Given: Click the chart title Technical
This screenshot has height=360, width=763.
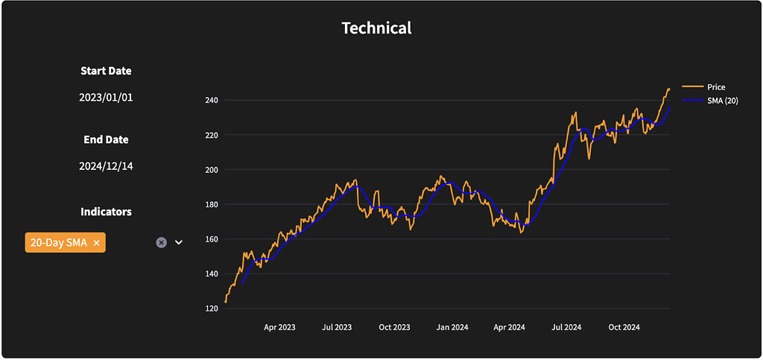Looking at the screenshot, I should pyautogui.click(x=376, y=28).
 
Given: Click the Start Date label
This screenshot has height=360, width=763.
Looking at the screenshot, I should pyautogui.click(x=106, y=71).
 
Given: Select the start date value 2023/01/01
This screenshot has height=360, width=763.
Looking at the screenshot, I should pyautogui.click(x=106, y=98).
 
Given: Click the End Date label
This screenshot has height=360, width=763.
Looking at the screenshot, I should pyautogui.click(x=106, y=139).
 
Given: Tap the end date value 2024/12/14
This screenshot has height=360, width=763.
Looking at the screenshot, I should pyautogui.click(x=106, y=166).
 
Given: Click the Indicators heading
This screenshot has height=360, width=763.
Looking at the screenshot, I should pyautogui.click(x=106, y=212).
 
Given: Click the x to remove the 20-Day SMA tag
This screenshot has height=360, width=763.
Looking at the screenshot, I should pyautogui.click(x=97, y=243).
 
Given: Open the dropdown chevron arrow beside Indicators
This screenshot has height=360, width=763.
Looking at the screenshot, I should pyautogui.click(x=179, y=242).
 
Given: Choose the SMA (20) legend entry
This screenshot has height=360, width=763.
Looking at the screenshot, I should pyautogui.click(x=722, y=101).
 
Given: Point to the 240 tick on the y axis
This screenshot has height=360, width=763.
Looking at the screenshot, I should pyautogui.click(x=211, y=100).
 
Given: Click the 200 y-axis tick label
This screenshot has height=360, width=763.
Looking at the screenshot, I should pyautogui.click(x=211, y=170).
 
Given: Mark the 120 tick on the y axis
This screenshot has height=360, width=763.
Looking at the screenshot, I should pyautogui.click(x=211, y=309).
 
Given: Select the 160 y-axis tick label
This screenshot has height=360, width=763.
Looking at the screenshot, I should pyautogui.click(x=211, y=239).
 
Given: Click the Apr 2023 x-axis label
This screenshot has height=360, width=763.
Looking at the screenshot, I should pyautogui.click(x=280, y=327).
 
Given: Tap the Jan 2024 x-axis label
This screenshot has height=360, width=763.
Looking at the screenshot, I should pyautogui.click(x=452, y=327).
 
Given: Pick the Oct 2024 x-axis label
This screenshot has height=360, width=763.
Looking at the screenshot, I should pyautogui.click(x=624, y=327).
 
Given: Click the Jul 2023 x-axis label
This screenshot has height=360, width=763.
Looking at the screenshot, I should pyautogui.click(x=338, y=327).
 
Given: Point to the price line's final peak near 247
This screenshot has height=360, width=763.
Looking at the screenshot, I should pyautogui.click(x=668, y=89).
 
